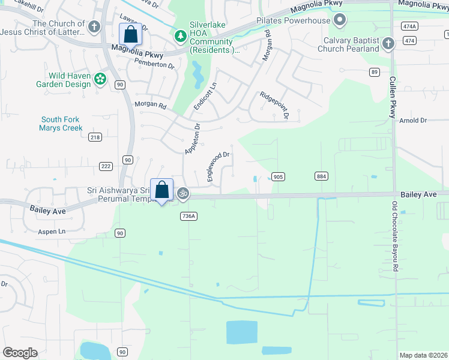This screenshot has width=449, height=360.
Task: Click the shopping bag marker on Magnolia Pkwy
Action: pos(131,34)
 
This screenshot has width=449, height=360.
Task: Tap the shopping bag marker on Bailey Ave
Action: pos(161,190)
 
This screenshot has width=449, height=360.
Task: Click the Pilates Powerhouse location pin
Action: pos(340,21)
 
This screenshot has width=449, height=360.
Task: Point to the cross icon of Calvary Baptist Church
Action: pos(388,43)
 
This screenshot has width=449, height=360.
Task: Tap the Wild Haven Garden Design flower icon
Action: pos(100,79)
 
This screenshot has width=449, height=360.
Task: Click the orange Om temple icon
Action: pos(183,193)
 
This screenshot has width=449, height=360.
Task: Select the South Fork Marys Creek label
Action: pos(60,124)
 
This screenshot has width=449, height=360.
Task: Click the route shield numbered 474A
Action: pos(410,26)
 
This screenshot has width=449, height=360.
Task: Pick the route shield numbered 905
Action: pos(278,176)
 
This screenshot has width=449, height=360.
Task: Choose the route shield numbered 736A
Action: pos(188,216)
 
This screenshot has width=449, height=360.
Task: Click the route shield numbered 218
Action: pos(95,137)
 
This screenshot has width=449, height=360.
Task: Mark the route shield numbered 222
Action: pos(106,166)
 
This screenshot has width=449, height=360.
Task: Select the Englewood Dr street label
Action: pos(218,167)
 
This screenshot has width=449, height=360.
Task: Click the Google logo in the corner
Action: pos(20,353)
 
